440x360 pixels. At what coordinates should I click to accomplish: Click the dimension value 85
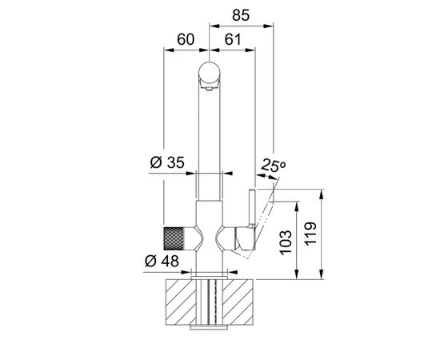[x=241, y=15]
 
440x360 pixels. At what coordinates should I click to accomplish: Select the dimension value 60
[x=186, y=39]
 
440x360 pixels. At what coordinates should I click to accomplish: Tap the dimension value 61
[x=233, y=39]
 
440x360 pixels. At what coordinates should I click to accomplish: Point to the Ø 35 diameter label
[x=167, y=162]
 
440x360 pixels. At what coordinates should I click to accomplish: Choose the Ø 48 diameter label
[x=162, y=262]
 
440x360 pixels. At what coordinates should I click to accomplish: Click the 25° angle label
[x=273, y=165]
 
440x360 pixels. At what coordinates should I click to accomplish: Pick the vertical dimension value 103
[x=286, y=242]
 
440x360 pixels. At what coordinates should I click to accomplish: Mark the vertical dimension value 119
[x=310, y=234]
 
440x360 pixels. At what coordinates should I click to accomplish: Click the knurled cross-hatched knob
[x=174, y=238]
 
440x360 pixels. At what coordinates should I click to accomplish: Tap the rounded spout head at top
[x=209, y=74]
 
